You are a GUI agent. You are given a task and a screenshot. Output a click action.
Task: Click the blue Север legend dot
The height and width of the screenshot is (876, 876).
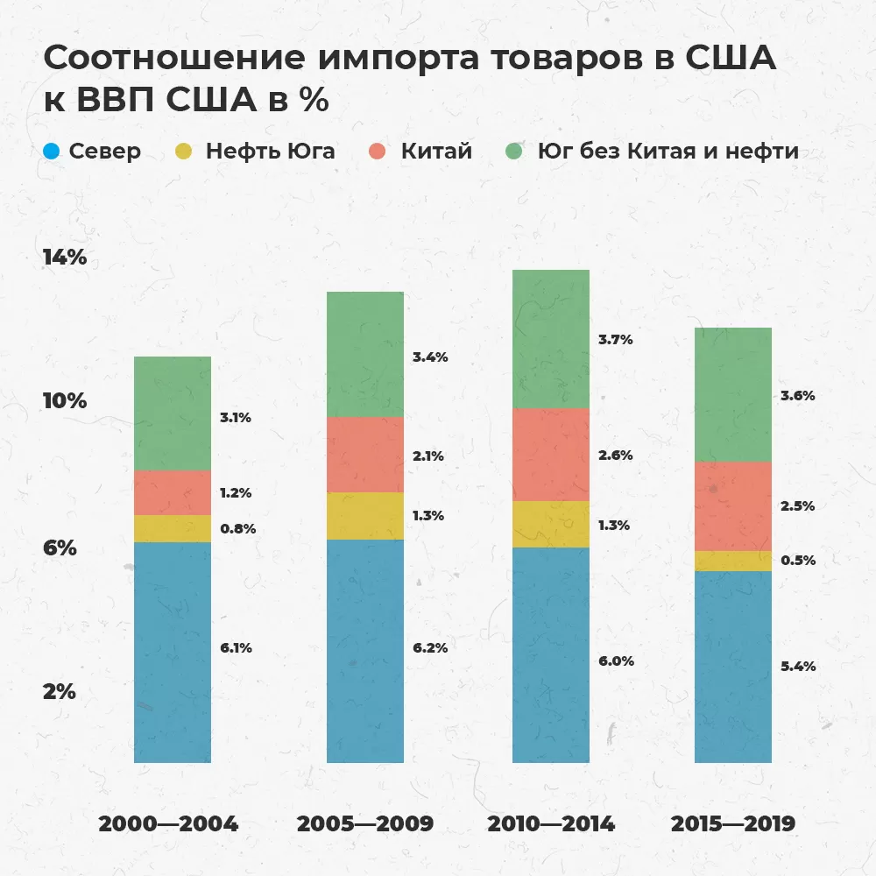(52, 151)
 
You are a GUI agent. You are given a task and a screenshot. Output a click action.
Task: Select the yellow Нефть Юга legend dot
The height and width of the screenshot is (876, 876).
(187, 151)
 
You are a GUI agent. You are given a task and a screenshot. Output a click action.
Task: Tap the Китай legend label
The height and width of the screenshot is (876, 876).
(436, 151)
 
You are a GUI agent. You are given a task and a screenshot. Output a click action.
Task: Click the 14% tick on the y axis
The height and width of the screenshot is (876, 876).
(65, 258)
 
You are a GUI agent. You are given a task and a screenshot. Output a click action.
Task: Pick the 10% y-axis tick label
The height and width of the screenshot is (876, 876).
(65, 401)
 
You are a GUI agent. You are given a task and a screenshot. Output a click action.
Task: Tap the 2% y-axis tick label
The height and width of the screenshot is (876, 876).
(60, 691)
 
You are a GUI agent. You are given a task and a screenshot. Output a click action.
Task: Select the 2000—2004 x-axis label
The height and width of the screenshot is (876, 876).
(168, 824)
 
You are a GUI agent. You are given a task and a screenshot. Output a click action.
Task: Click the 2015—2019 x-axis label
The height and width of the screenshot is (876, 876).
(732, 824)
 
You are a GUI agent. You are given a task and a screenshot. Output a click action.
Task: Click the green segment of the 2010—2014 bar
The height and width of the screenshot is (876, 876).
(550, 339)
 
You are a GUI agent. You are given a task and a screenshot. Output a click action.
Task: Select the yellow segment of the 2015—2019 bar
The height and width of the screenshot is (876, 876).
(732, 561)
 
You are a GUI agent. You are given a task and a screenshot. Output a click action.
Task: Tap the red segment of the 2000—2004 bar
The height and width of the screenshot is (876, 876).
(173, 492)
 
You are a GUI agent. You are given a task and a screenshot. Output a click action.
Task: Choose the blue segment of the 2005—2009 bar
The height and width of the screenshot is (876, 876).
(364, 650)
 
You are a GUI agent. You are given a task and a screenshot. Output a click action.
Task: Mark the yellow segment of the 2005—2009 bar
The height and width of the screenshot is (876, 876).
(364, 516)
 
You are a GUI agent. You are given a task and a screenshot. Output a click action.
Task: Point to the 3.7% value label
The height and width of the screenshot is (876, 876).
(614, 339)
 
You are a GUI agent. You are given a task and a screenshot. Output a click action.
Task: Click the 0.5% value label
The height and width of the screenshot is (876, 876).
(797, 561)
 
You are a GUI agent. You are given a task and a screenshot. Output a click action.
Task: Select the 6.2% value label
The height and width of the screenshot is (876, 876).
(430, 648)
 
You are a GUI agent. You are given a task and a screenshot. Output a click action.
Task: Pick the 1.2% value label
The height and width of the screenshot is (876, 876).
(236, 493)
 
